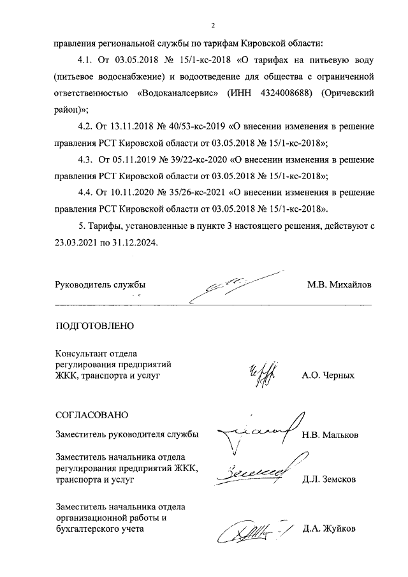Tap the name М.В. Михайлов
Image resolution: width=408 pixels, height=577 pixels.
pyautogui.click(x=339, y=284)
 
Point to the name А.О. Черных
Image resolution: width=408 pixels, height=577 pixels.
pyautogui.click(x=328, y=376)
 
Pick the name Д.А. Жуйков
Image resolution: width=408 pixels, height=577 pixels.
pyautogui.click(x=329, y=528)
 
